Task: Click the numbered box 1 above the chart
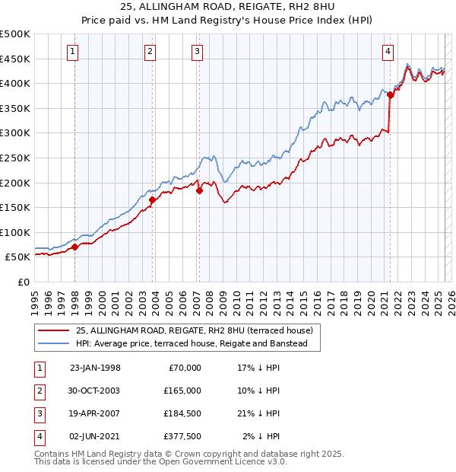pos(72,52)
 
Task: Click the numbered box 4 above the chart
pos(388,52)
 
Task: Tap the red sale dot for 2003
pos(153,200)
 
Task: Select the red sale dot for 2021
pos(390,94)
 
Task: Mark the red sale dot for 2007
pos(199,190)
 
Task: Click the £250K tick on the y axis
pos(15,158)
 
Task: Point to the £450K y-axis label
pos(15,59)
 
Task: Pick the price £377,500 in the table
pos(182,436)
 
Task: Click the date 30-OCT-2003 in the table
pos(95,391)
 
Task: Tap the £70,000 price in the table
pos(182,368)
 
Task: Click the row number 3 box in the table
pos(38,413)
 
